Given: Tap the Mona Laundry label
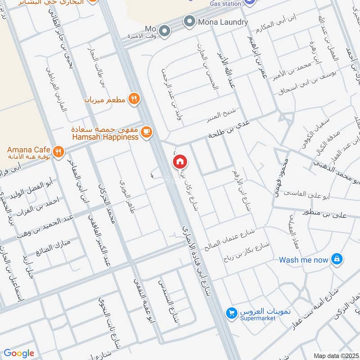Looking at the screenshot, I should (223, 22).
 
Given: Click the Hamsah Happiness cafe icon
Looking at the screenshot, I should (146, 132).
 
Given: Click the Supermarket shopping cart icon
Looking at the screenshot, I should (231, 312).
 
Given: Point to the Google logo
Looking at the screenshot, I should (18, 353).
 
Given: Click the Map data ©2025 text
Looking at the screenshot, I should (335, 355).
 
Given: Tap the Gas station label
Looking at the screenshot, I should (225, 4).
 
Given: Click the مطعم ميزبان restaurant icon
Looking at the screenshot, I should (133, 99).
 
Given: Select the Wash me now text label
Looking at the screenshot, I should (304, 260).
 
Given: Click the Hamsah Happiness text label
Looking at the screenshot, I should (104, 137).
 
